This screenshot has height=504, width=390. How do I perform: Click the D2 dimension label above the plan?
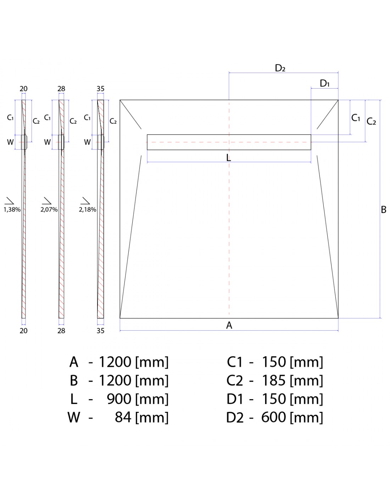pos(280,68)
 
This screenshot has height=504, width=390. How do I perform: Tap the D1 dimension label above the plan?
pos(324,83)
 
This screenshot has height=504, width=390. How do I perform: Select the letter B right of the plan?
pos(384,210)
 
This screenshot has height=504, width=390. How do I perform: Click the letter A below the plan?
pos(229,325)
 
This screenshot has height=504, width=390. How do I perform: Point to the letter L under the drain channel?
pos(229,158)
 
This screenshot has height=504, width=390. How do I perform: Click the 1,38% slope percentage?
pos(12,210)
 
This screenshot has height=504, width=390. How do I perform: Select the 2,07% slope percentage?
pos(49,210)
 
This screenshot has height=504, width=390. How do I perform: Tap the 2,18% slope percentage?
pos(88,210)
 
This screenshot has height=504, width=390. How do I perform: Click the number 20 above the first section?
pos(23,89)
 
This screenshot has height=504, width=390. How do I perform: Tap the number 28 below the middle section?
pos(61,331)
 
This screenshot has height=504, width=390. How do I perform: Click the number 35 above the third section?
pos(100,89)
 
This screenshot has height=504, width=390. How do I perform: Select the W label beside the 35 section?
pos(87,142)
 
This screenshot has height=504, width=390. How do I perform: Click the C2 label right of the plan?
pos(371,122)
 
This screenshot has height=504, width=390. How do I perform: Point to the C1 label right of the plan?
pos(356,118)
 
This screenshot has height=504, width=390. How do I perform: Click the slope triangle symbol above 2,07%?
pos(47,201)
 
